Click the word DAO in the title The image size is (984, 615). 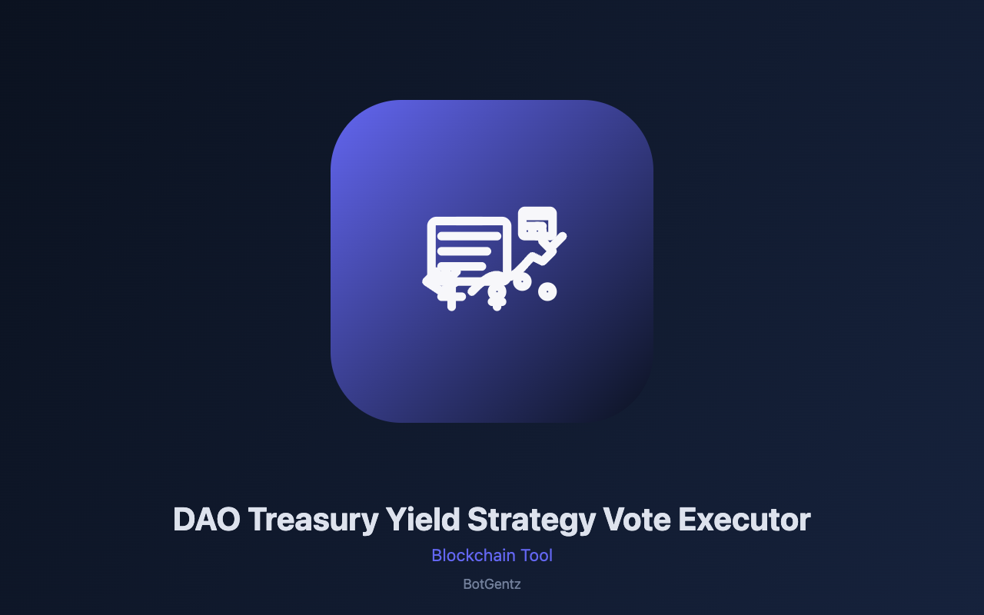coord(207,520)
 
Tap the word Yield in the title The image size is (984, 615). coord(423,520)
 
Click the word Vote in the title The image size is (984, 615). coord(637,520)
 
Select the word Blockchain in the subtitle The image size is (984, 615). coord(474,555)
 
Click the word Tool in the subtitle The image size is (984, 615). coord(537,555)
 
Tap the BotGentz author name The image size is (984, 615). coord(492,584)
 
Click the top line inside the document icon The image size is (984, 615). coord(469,236)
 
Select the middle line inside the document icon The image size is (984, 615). coord(464,251)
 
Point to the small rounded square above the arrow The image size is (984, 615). coord(537,224)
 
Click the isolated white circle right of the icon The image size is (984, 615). coord(547,291)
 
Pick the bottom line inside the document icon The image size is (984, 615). coord(461,267)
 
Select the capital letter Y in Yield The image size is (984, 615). coord(398,520)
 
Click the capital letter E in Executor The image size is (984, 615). coord(688,520)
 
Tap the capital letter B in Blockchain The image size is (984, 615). coord(437,556)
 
